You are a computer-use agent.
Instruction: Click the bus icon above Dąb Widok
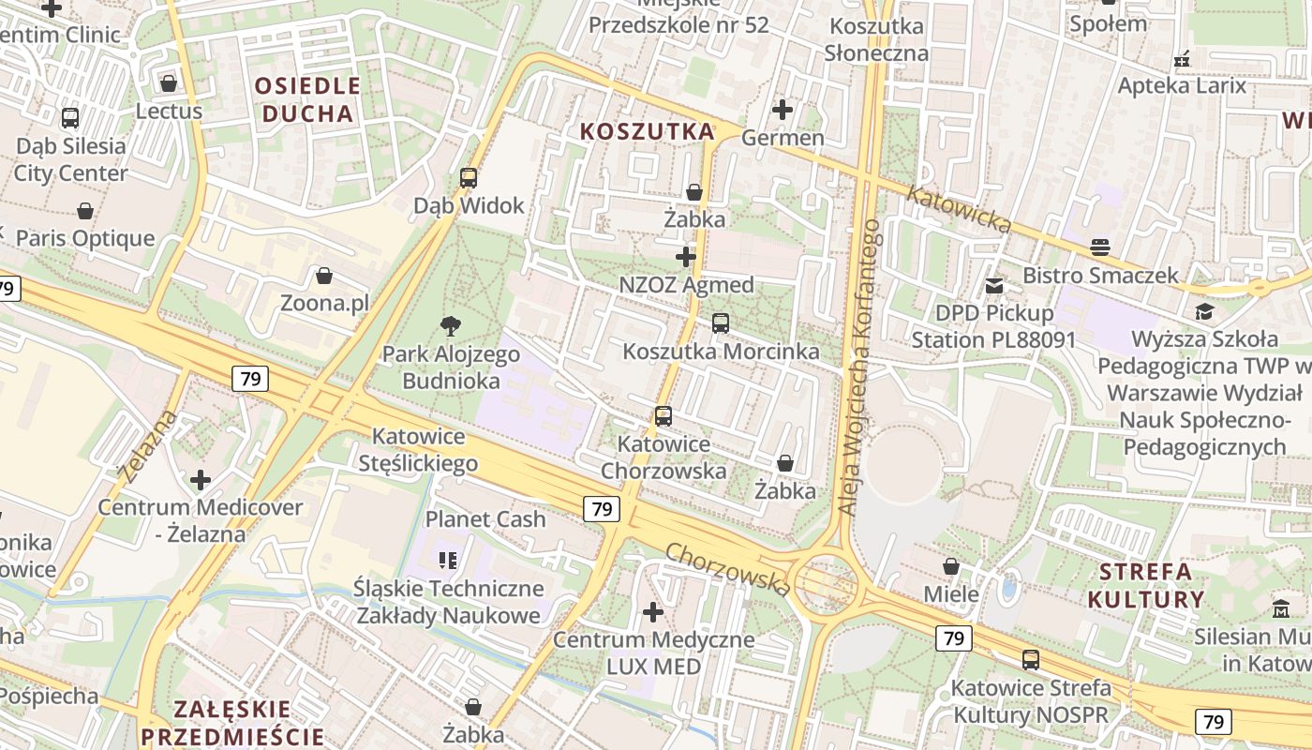[x=469, y=177]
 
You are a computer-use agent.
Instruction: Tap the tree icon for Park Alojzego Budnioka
[x=451, y=326]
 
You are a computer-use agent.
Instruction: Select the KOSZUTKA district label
[x=647, y=131]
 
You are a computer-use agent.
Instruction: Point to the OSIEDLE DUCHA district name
[x=307, y=100]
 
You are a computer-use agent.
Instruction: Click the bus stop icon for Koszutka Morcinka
[x=720, y=323]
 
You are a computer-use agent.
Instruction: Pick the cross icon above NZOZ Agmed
[x=686, y=256]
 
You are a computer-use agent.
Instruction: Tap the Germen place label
[x=783, y=138]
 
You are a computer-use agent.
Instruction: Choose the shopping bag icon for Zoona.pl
[x=324, y=276]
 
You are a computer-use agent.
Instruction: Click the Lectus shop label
[x=169, y=111]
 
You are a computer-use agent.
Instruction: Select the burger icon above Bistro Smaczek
[x=1100, y=247]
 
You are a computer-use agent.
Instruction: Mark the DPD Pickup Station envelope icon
[x=994, y=285]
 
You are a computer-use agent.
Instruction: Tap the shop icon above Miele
[x=951, y=566]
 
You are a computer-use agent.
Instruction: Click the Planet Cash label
[x=485, y=518]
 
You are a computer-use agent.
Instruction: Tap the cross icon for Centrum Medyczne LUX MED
[x=653, y=612]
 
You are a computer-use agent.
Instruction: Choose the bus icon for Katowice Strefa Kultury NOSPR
[x=1031, y=660]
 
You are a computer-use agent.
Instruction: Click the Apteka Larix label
[x=1182, y=85]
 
